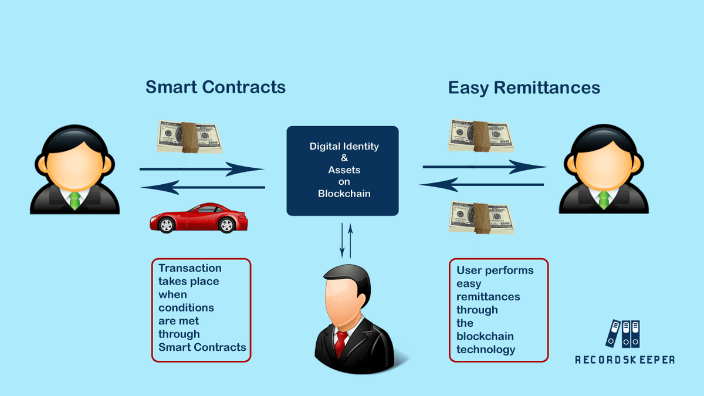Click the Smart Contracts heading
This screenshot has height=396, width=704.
215,87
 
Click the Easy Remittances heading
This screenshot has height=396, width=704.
524,87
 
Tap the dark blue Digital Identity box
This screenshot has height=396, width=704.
343,170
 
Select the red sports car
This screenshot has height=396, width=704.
198,218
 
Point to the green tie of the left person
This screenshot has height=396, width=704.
75,199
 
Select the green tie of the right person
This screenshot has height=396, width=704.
603,199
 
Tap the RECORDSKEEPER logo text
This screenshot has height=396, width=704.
624,359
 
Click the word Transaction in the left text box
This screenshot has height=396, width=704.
190,268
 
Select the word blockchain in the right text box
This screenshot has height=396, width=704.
485,336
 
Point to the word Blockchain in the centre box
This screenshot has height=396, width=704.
344,193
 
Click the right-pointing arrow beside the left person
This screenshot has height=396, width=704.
202,170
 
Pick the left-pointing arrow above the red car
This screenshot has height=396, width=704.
202,188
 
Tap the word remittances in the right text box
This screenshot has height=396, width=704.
488,296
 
